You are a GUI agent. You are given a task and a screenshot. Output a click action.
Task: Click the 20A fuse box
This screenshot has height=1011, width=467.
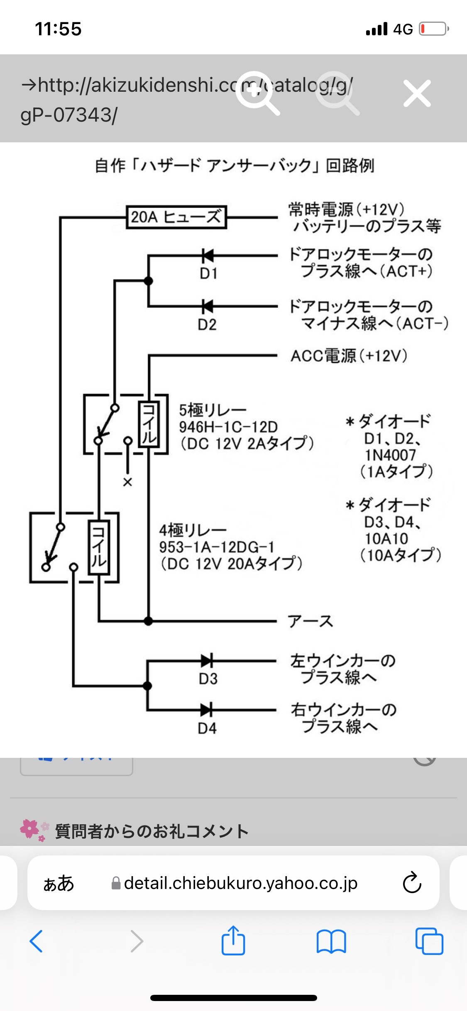coord(176,217)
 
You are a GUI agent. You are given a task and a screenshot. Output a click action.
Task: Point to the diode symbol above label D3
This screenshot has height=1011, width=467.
coord(207,660)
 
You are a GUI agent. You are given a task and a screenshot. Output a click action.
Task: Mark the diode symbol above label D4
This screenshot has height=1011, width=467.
coord(207,710)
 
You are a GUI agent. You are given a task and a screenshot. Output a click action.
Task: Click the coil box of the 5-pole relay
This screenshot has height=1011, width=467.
coord(149,424)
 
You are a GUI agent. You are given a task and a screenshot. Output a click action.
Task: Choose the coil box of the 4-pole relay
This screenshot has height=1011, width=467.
coord(99,547)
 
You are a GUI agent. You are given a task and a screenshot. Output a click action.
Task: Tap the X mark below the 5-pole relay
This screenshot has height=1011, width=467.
coord(127,482)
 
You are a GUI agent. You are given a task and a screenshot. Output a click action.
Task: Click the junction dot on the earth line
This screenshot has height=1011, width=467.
coord(149,621)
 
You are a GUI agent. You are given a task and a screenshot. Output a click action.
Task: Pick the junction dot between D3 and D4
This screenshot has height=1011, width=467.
coord(147,686)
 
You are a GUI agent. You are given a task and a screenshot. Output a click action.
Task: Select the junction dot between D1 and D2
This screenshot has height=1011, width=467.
coord(148,281)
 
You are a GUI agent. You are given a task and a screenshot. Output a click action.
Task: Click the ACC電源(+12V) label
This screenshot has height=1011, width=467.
coord(349,356)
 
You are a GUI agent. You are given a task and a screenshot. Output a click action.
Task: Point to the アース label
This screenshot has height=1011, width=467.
coord(311,621)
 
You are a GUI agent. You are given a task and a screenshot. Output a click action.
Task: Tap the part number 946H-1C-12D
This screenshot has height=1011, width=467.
coord(228,427)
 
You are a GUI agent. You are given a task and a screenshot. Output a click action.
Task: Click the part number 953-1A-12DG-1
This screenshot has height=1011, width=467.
coord(217,547)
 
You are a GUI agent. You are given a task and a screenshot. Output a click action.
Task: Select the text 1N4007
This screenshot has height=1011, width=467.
coord(390,455)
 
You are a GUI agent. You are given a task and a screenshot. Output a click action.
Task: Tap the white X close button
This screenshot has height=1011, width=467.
coord(417,94)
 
